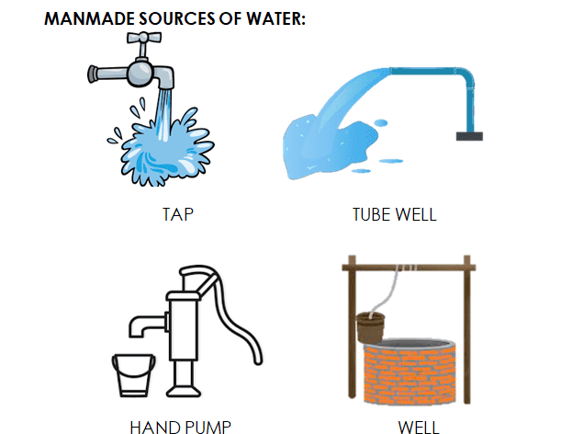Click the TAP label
(178, 214)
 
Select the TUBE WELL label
(395, 214)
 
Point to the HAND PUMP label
(180, 428)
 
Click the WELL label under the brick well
(419, 428)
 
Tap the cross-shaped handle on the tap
(144, 38)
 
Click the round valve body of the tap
(140, 74)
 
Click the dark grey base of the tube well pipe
(469, 136)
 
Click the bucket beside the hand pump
(133, 375)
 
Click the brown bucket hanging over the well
(371, 327)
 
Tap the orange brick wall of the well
(410, 374)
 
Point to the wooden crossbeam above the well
(409, 268)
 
